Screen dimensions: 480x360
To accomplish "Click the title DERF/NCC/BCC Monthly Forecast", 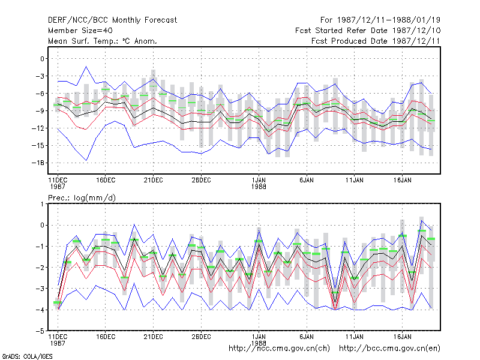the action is click(112, 20).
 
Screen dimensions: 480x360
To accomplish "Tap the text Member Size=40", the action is click(80, 31).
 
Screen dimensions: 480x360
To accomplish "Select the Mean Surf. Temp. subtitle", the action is click(103, 41).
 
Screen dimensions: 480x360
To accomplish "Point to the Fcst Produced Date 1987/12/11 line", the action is click(376, 41).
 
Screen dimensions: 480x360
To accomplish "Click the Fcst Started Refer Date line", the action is click(368, 31).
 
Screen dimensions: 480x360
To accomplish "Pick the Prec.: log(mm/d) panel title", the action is click(82, 198).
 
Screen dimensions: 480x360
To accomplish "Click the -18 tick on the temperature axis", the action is click(38, 163).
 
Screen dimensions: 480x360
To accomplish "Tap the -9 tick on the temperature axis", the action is click(40, 110).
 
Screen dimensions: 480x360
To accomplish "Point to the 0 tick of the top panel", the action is click(42, 58).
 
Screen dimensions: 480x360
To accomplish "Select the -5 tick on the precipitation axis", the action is click(40, 331).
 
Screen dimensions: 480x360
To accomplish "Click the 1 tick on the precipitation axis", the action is click(42, 204).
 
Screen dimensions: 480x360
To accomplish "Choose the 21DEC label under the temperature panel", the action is click(154, 181).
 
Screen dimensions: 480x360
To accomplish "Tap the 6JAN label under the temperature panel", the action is click(307, 181).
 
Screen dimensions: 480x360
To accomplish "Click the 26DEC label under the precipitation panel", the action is click(201, 337).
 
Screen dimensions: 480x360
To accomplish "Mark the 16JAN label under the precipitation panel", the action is click(402, 337).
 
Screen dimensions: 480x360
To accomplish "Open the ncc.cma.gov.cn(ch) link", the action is click(279, 349).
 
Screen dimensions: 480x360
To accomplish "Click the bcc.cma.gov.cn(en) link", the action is click(389, 349).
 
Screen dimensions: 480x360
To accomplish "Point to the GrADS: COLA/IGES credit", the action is click(27, 356).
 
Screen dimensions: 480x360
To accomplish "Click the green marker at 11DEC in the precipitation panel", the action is click(58, 302).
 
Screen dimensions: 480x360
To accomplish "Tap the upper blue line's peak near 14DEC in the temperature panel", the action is click(86, 67).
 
